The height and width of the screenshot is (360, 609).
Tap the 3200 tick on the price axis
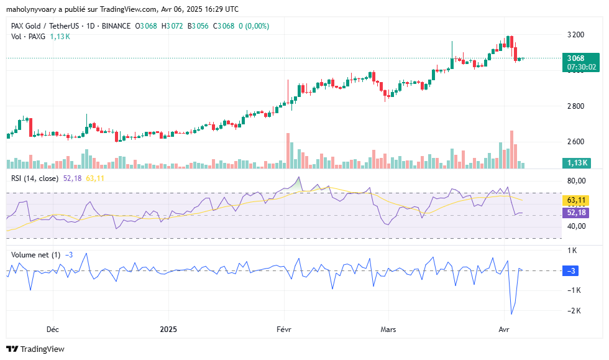(x=575, y=34)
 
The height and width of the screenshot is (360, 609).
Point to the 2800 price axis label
(x=575, y=106)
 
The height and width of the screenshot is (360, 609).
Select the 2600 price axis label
(x=575, y=142)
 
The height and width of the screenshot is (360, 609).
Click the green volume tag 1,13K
(x=576, y=163)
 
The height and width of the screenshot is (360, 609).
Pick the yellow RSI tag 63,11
(x=576, y=200)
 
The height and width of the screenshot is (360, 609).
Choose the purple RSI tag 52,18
(x=576, y=213)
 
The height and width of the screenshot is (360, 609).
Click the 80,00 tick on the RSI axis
(x=576, y=181)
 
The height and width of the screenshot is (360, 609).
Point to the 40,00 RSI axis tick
(x=576, y=226)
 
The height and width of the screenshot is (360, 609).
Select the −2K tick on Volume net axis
(x=574, y=311)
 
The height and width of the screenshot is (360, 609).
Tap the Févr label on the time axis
(x=283, y=329)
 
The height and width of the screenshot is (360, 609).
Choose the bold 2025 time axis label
(x=168, y=329)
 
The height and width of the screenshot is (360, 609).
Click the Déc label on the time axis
(x=53, y=329)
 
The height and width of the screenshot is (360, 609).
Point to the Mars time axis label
(x=388, y=329)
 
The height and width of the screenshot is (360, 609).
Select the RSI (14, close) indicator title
(x=35, y=178)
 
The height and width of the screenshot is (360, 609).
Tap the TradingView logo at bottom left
(x=35, y=349)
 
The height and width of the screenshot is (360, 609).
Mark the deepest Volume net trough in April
(x=511, y=314)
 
